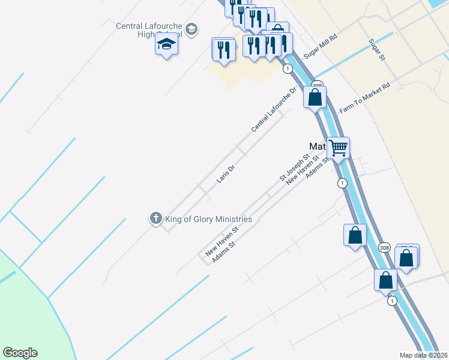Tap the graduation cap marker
[x=166, y=44]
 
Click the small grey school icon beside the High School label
[x=191, y=29]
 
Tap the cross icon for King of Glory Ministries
[x=155, y=218]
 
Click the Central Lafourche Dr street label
[x=274, y=110]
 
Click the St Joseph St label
[x=294, y=167]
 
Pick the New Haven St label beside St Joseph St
[x=302, y=169]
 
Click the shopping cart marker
[x=338, y=147]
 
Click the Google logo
[x=20, y=353]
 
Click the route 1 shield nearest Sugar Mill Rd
[x=288, y=69]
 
